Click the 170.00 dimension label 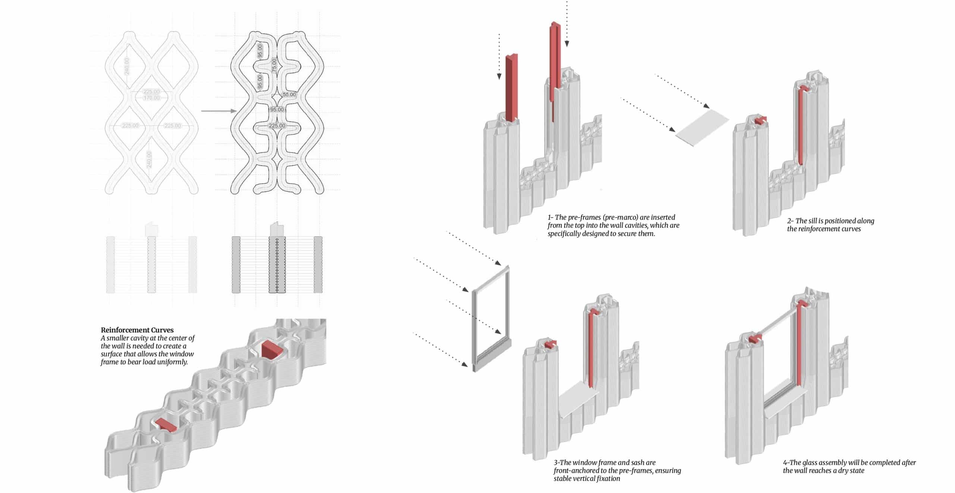(151, 98)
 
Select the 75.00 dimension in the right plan (274, 65)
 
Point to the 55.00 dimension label (289, 94)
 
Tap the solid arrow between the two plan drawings (219, 111)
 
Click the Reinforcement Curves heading (137, 330)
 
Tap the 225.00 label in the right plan (277, 126)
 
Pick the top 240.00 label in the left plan (127, 66)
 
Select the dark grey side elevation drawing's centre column (277, 264)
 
